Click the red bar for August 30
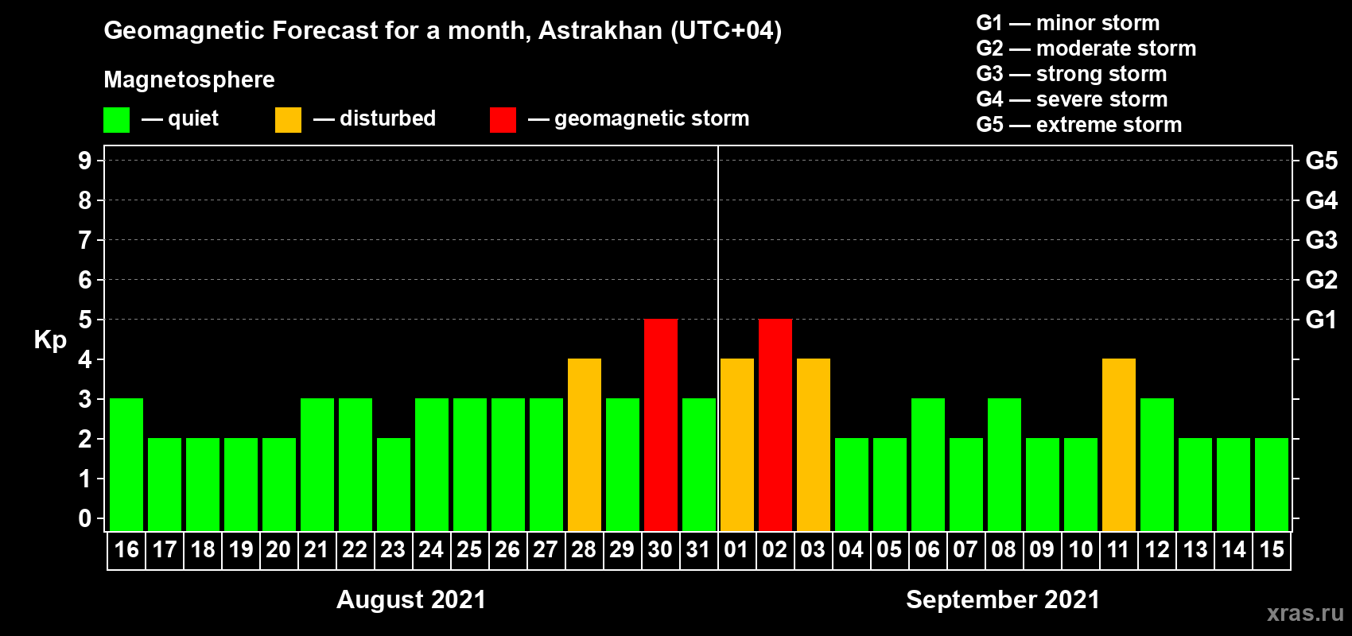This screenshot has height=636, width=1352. tap(661, 425)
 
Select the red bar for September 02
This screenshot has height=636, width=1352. tap(775, 425)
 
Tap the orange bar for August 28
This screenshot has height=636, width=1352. tap(585, 444)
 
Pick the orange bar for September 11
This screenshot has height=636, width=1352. tap(1119, 444)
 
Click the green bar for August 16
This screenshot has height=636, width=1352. tap(126, 464)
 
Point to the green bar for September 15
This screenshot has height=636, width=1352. tap(1272, 484)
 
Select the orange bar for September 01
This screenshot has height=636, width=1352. tap(737, 444)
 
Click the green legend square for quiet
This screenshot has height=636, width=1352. tap(116, 119)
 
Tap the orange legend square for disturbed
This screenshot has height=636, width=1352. tap(288, 119)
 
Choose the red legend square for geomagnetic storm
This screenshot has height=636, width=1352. tap(503, 119)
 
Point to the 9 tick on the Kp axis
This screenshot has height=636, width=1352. tap(84, 161)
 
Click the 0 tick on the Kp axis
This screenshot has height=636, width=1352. tap(84, 518)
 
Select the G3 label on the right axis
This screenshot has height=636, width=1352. tap(1322, 240)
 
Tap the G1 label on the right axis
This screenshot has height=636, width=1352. tap(1321, 320)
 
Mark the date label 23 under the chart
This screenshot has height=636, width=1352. tap(393, 549)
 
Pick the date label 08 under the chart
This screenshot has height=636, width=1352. tap(1004, 549)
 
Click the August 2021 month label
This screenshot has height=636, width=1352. tap(411, 599)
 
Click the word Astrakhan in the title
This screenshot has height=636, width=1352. tap(600, 30)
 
